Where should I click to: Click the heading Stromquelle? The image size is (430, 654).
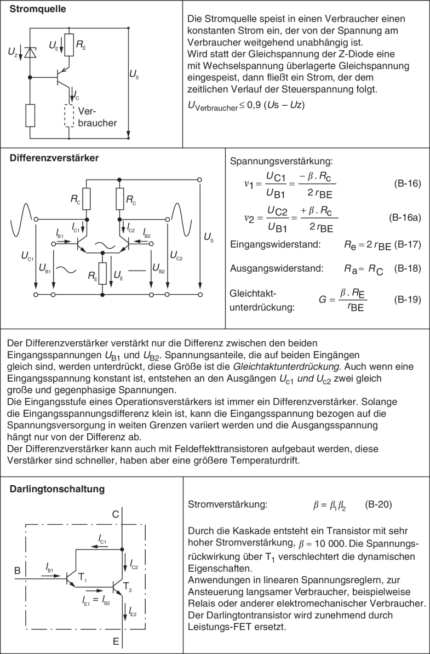click(39, 9)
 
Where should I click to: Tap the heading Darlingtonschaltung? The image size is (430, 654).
click(54, 488)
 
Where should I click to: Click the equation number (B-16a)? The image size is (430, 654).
click(405, 217)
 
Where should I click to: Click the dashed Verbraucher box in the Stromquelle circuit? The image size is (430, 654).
click(69, 114)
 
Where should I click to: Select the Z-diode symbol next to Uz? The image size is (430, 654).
click(31, 53)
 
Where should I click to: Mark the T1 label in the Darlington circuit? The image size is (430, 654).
click(82, 577)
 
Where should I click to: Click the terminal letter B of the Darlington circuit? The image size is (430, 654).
click(18, 571)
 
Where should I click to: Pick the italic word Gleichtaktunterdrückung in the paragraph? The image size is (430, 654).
click(332, 366)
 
